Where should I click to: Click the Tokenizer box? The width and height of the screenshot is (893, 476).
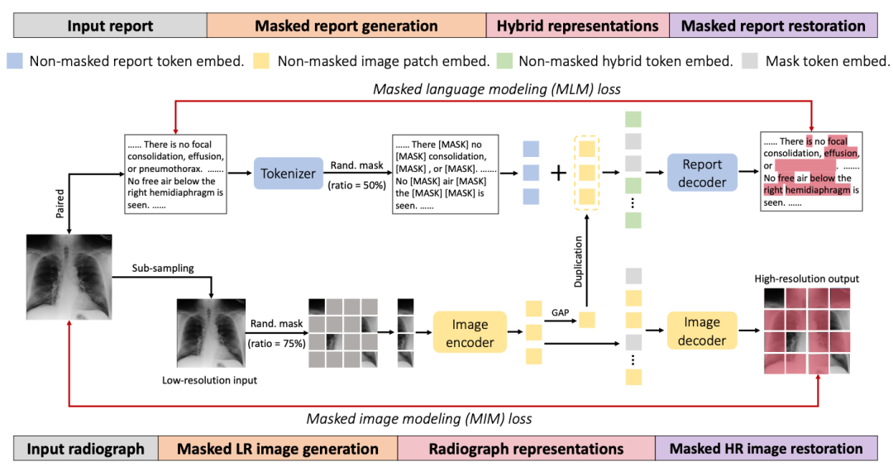[288, 173]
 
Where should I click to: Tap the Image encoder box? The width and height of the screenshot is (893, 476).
[470, 332]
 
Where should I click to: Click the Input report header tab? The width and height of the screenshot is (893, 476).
[110, 26]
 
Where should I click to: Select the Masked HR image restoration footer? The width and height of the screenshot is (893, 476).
[766, 449]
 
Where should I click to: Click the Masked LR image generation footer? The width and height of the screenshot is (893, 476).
[278, 449]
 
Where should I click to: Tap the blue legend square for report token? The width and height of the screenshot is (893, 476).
[16, 61]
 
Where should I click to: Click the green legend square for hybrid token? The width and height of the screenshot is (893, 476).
[504, 61]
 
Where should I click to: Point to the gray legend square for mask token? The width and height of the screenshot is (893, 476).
[751, 61]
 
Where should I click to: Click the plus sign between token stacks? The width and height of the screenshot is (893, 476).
[558, 173]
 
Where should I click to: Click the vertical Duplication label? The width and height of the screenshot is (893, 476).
[579, 261]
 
